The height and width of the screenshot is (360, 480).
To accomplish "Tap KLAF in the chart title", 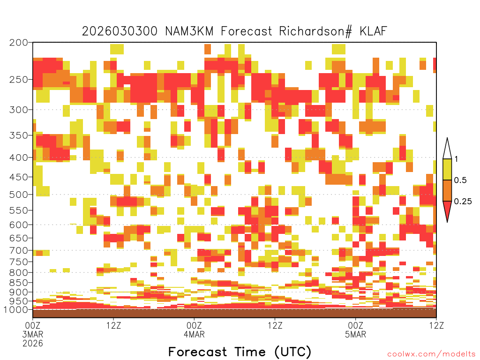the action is tap(373, 31).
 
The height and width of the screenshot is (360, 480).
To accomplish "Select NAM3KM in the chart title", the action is tap(189, 31).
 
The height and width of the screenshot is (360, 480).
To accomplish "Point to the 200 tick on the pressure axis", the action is tap(18, 43).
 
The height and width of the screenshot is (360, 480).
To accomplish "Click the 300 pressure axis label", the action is tap(18, 110).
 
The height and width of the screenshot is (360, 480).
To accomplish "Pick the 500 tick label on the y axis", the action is tap(18, 195).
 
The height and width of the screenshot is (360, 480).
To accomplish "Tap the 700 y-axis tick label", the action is tap(18, 250).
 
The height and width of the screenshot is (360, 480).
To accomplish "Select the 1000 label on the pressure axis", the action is tap(15, 309).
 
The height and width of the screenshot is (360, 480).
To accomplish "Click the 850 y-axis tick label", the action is tap(18, 283).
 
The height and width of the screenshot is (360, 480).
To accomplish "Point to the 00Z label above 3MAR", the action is tap(33, 325).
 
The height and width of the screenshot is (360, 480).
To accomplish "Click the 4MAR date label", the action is tap(194, 334).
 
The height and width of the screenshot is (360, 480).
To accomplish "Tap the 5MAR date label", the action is tap(355, 334).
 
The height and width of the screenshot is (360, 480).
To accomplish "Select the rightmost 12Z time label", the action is tap(436, 325).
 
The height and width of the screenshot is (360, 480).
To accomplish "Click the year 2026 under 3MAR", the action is tap(33, 343).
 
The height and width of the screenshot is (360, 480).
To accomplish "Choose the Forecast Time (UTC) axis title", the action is tap(240, 352).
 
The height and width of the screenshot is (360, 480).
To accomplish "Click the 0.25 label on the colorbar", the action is tap(463, 202).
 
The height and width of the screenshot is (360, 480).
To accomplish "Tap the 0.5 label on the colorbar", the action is tap(460, 180).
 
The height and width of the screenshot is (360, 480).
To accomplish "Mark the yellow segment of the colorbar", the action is tap(447, 169).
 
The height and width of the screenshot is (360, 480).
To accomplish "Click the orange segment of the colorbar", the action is tap(447, 190).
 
